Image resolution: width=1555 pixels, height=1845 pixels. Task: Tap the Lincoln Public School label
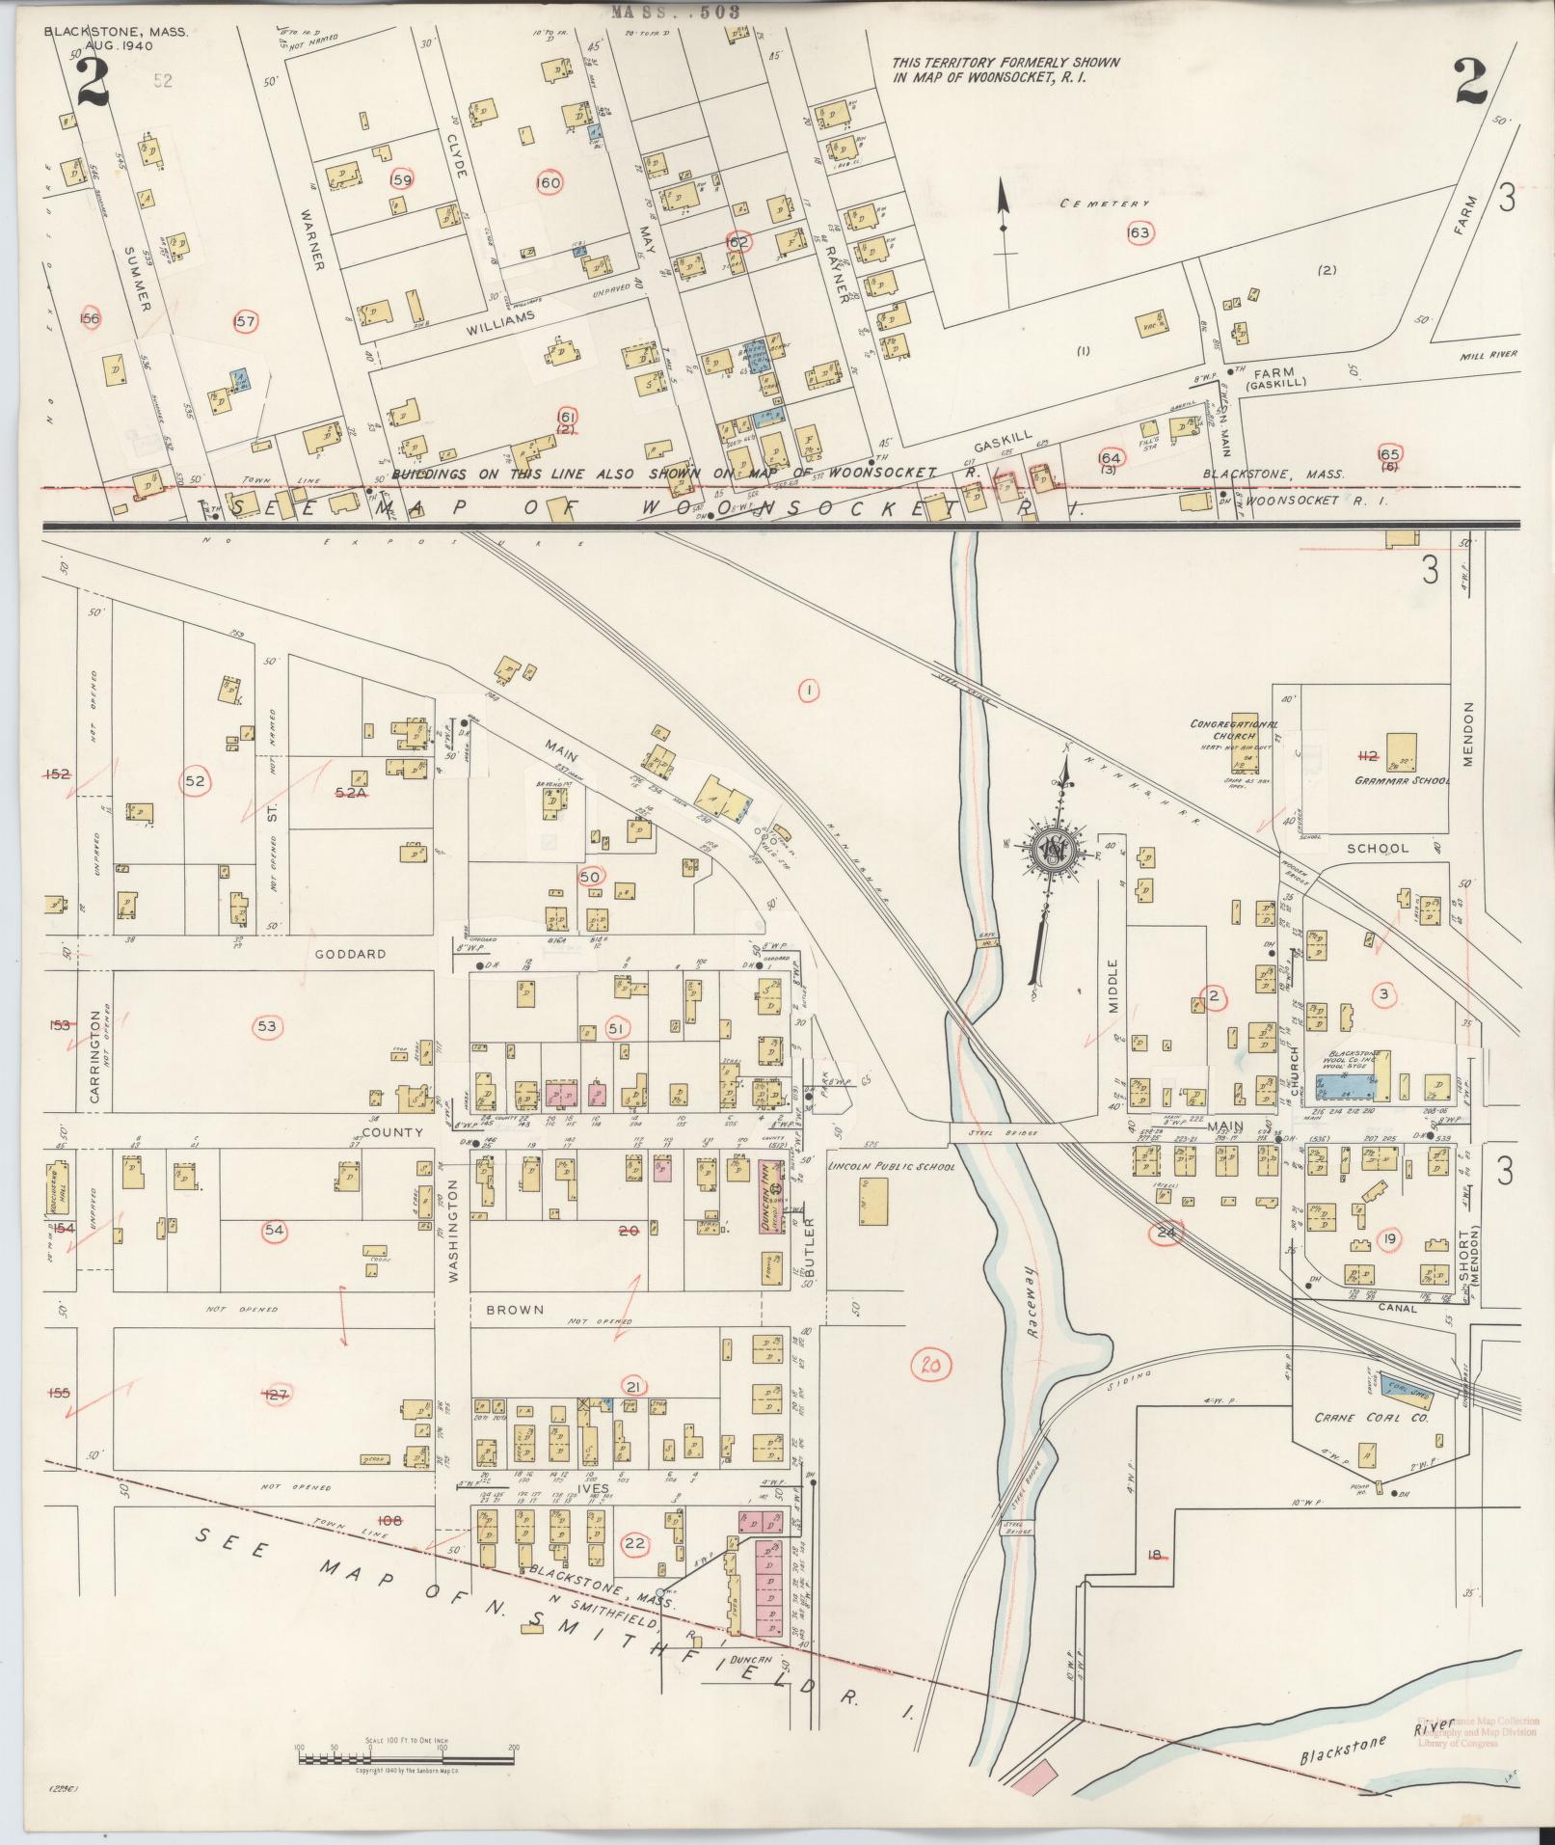[892, 1166]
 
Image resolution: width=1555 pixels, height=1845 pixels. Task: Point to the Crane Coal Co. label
[1369, 1419]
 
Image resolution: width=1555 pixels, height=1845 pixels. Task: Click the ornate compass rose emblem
[1057, 852]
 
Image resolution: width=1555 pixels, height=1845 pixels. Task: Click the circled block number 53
[267, 1027]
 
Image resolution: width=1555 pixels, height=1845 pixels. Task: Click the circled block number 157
[246, 321]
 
